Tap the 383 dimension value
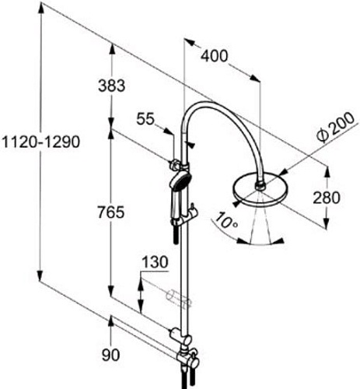pyautogui.click(x=112, y=86)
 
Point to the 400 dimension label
pyautogui.click(x=215, y=56)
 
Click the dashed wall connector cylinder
pyautogui.click(x=177, y=298)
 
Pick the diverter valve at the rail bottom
pyautogui.click(x=184, y=356)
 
